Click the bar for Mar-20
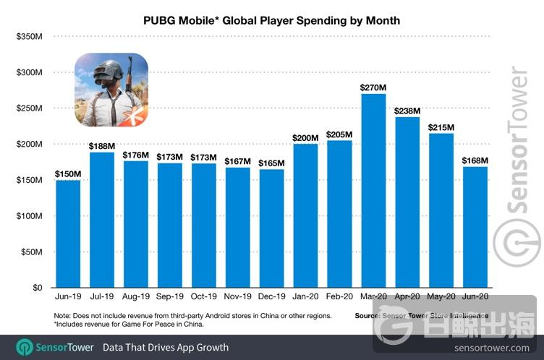(x=373, y=191)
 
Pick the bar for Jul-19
(x=102, y=220)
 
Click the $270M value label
(x=373, y=87)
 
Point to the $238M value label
(x=407, y=111)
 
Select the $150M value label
(x=68, y=173)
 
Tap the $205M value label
(x=339, y=134)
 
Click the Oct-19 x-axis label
(x=203, y=296)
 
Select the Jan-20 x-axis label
(x=305, y=296)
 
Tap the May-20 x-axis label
(x=441, y=296)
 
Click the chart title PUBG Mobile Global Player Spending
(x=272, y=20)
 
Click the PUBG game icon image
(x=111, y=90)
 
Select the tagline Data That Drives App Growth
(x=166, y=347)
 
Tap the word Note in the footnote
(x=63, y=316)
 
